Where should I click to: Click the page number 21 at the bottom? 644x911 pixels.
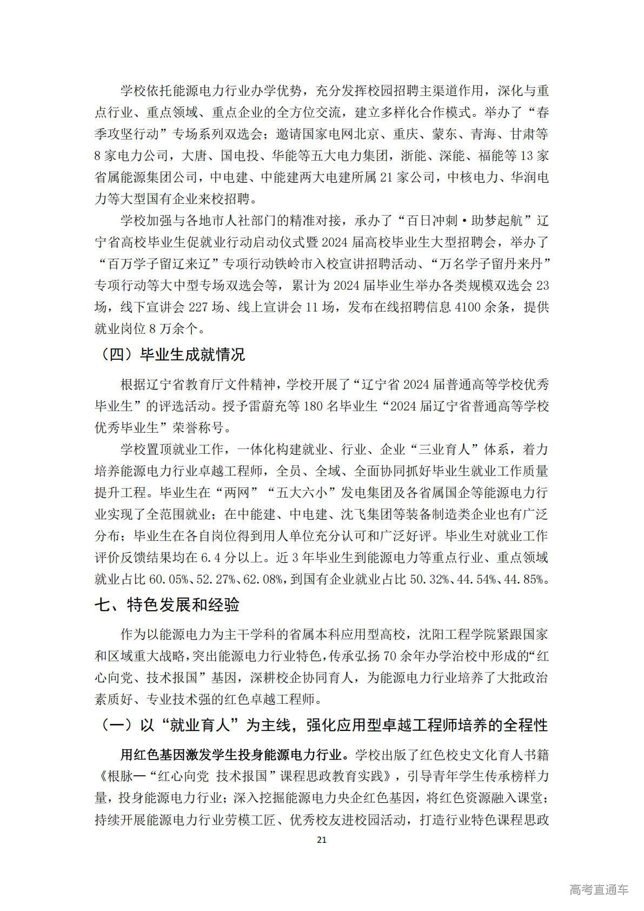click(x=322, y=840)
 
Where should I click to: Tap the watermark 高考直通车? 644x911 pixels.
click(x=599, y=889)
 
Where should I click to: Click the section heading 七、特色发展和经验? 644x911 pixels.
click(x=167, y=604)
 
